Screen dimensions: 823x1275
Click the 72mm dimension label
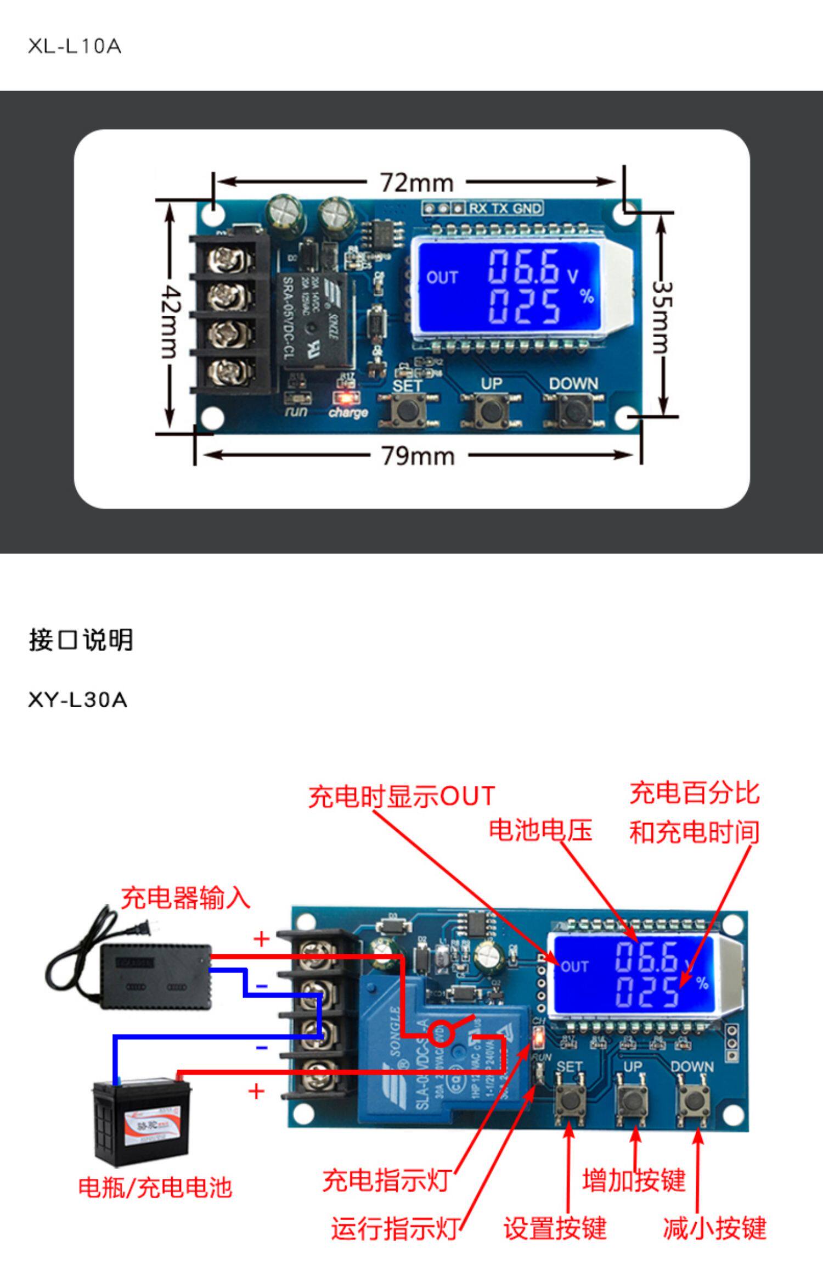[417, 183]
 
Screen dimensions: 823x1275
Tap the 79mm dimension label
[418, 456]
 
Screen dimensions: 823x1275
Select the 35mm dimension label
[662, 317]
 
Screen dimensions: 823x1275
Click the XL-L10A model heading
[75, 47]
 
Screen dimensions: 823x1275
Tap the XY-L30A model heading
[77, 700]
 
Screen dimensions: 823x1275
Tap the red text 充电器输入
[185, 899]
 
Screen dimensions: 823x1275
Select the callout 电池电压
[540, 830]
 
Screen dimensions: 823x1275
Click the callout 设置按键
[555, 1228]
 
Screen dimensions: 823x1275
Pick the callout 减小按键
[714, 1228]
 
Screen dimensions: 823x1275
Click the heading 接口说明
[81, 640]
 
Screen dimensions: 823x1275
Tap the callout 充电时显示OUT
[402, 797]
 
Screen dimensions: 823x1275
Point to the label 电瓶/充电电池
[155, 1188]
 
